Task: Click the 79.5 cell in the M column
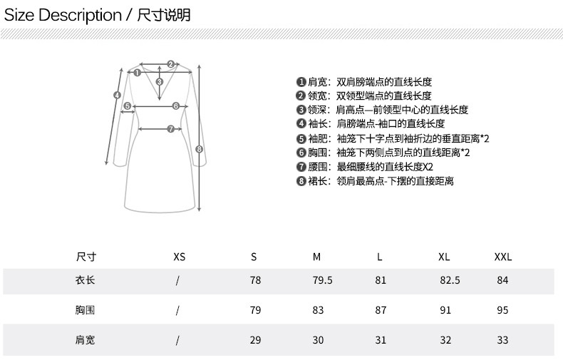[x=322, y=280]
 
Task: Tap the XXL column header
[x=502, y=257]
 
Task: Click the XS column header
[x=179, y=257]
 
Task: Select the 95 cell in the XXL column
[x=502, y=310]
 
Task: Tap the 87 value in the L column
[x=381, y=310]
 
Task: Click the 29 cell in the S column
[x=255, y=340]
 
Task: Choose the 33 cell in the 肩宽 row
[x=502, y=340]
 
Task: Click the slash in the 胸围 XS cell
[x=177, y=310]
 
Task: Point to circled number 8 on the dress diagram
[x=199, y=149]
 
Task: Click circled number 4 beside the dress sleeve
[x=116, y=94]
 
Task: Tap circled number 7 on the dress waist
[x=170, y=129]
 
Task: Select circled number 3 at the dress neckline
[x=160, y=82]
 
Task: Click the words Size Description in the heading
[x=63, y=15]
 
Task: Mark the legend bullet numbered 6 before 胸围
[x=301, y=152]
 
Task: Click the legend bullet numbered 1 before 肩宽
[x=301, y=82]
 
